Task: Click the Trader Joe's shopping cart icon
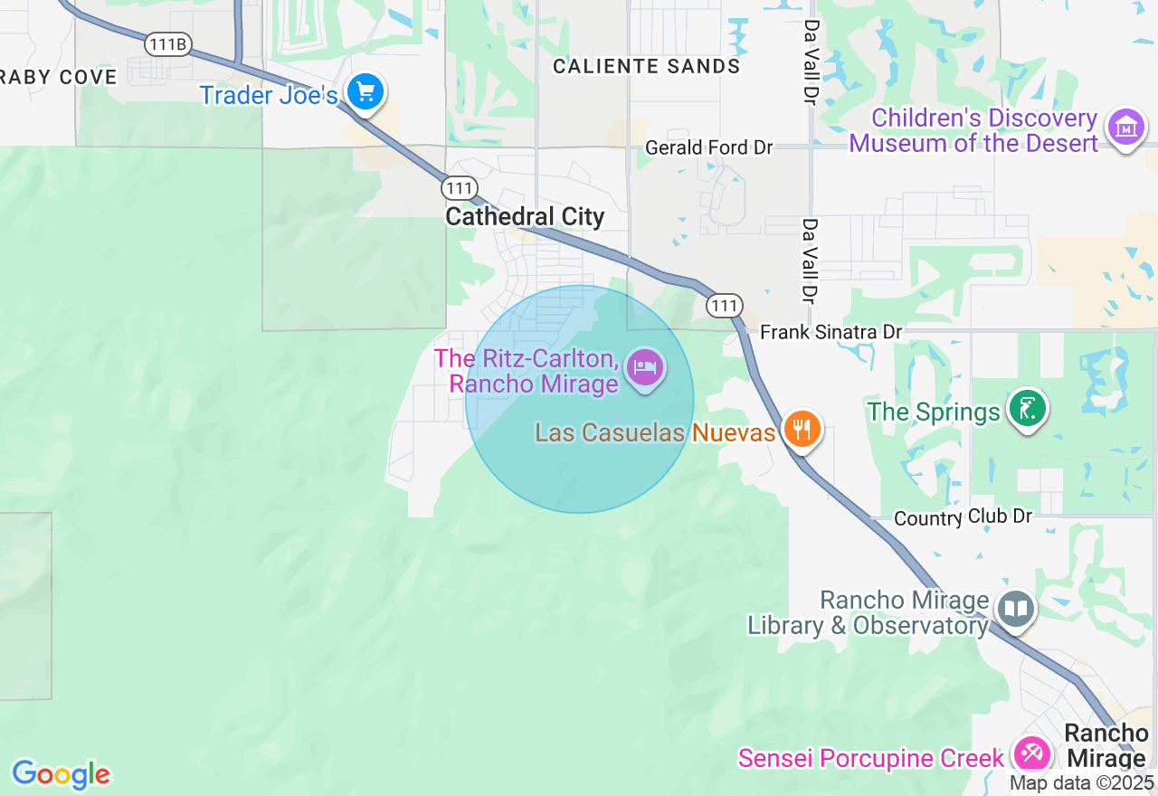tap(365, 92)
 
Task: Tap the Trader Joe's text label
tap(269, 95)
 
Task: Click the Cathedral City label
tap(525, 217)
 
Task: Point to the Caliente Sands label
tap(646, 66)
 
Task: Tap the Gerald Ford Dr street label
tap(708, 147)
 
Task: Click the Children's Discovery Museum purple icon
tap(1125, 128)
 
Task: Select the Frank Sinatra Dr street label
tap(831, 332)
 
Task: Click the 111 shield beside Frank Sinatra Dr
tap(725, 306)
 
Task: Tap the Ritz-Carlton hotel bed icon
tap(644, 368)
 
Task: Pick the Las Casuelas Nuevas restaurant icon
tap(802, 428)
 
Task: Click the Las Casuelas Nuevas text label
tap(655, 432)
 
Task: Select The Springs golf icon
tap(1027, 409)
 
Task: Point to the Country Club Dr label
tap(963, 517)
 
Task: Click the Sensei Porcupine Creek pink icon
tap(1030, 753)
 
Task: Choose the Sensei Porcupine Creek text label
tap(871, 758)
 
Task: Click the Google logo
tap(61, 774)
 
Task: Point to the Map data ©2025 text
tap(1081, 783)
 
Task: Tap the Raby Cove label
tap(59, 77)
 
